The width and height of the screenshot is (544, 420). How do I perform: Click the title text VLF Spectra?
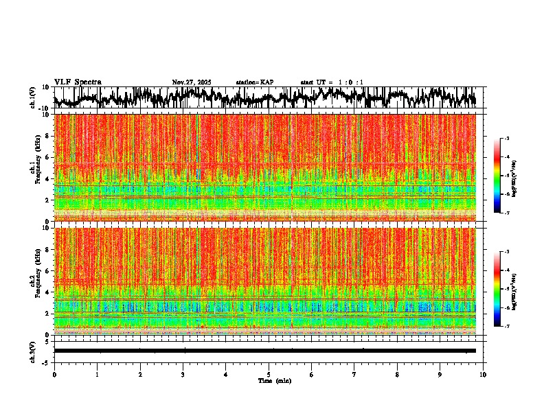click(78, 82)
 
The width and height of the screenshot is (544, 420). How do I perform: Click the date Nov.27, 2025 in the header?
click(192, 82)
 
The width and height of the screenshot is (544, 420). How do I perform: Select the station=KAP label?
click(255, 82)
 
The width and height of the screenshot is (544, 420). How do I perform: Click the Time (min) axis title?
click(274, 380)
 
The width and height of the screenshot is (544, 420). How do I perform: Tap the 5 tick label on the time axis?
click(269, 374)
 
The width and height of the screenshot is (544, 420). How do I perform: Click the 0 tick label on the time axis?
click(54, 374)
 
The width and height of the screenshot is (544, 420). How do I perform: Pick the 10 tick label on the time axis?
click(483, 374)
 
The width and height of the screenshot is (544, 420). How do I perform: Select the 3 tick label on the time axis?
click(183, 374)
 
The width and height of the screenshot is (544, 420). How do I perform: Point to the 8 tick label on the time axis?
click(397, 374)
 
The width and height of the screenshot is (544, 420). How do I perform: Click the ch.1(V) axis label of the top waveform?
click(33, 97)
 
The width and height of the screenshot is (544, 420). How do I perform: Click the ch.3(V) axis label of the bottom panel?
click(33, 351)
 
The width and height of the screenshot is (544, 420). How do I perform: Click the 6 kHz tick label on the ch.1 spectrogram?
click(47, 157)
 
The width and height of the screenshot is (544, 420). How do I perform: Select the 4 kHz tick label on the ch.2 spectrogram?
click(47, 292)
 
